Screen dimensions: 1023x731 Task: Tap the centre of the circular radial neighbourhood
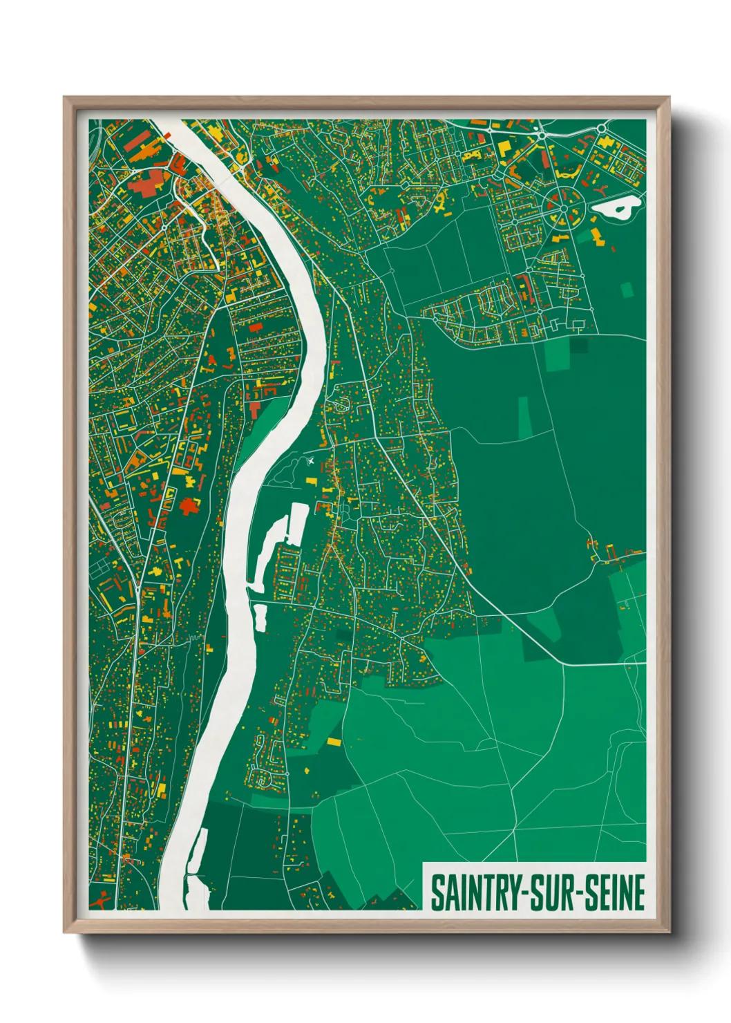563,207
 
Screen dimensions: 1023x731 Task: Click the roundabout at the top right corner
602,128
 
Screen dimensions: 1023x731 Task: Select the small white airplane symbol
310,460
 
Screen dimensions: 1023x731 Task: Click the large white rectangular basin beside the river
298,523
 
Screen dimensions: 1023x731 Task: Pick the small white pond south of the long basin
260,617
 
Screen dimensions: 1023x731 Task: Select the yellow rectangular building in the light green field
334,742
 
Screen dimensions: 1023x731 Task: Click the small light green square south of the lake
627,290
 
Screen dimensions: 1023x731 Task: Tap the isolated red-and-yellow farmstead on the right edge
608,552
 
